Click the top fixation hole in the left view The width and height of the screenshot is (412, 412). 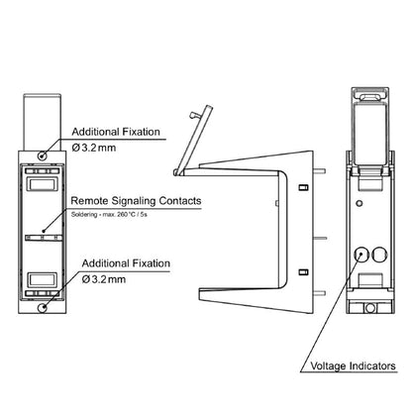coord(43,155)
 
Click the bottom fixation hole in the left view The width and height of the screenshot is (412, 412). coord(43,308)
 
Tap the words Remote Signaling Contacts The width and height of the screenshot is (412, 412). coord(136,201)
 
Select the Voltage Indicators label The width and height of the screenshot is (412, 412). coord(353,365)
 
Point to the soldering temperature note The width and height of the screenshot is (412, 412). coord(109,214)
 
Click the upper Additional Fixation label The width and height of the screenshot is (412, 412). coord(116,132)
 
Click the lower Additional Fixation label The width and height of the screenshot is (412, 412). coord(126,263)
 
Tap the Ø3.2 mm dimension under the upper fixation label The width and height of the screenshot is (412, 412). coord(94,148)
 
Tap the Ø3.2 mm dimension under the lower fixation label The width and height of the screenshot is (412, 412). coord(104,279)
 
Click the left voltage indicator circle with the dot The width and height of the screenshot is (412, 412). coord(360,255)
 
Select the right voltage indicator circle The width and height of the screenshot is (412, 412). coord(379,255)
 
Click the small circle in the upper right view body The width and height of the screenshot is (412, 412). coord(360,203)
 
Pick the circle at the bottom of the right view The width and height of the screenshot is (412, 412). coord(370,308)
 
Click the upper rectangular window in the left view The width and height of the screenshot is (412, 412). coord(43,184)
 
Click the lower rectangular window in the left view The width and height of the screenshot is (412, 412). coord(43,280)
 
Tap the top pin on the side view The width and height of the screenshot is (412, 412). coord(320,171)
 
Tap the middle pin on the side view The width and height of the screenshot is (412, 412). coord(320,238)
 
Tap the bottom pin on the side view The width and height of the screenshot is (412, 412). coord(320,293)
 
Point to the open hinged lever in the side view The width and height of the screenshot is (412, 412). coord(194,140)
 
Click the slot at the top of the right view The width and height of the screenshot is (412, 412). coord(370,97)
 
